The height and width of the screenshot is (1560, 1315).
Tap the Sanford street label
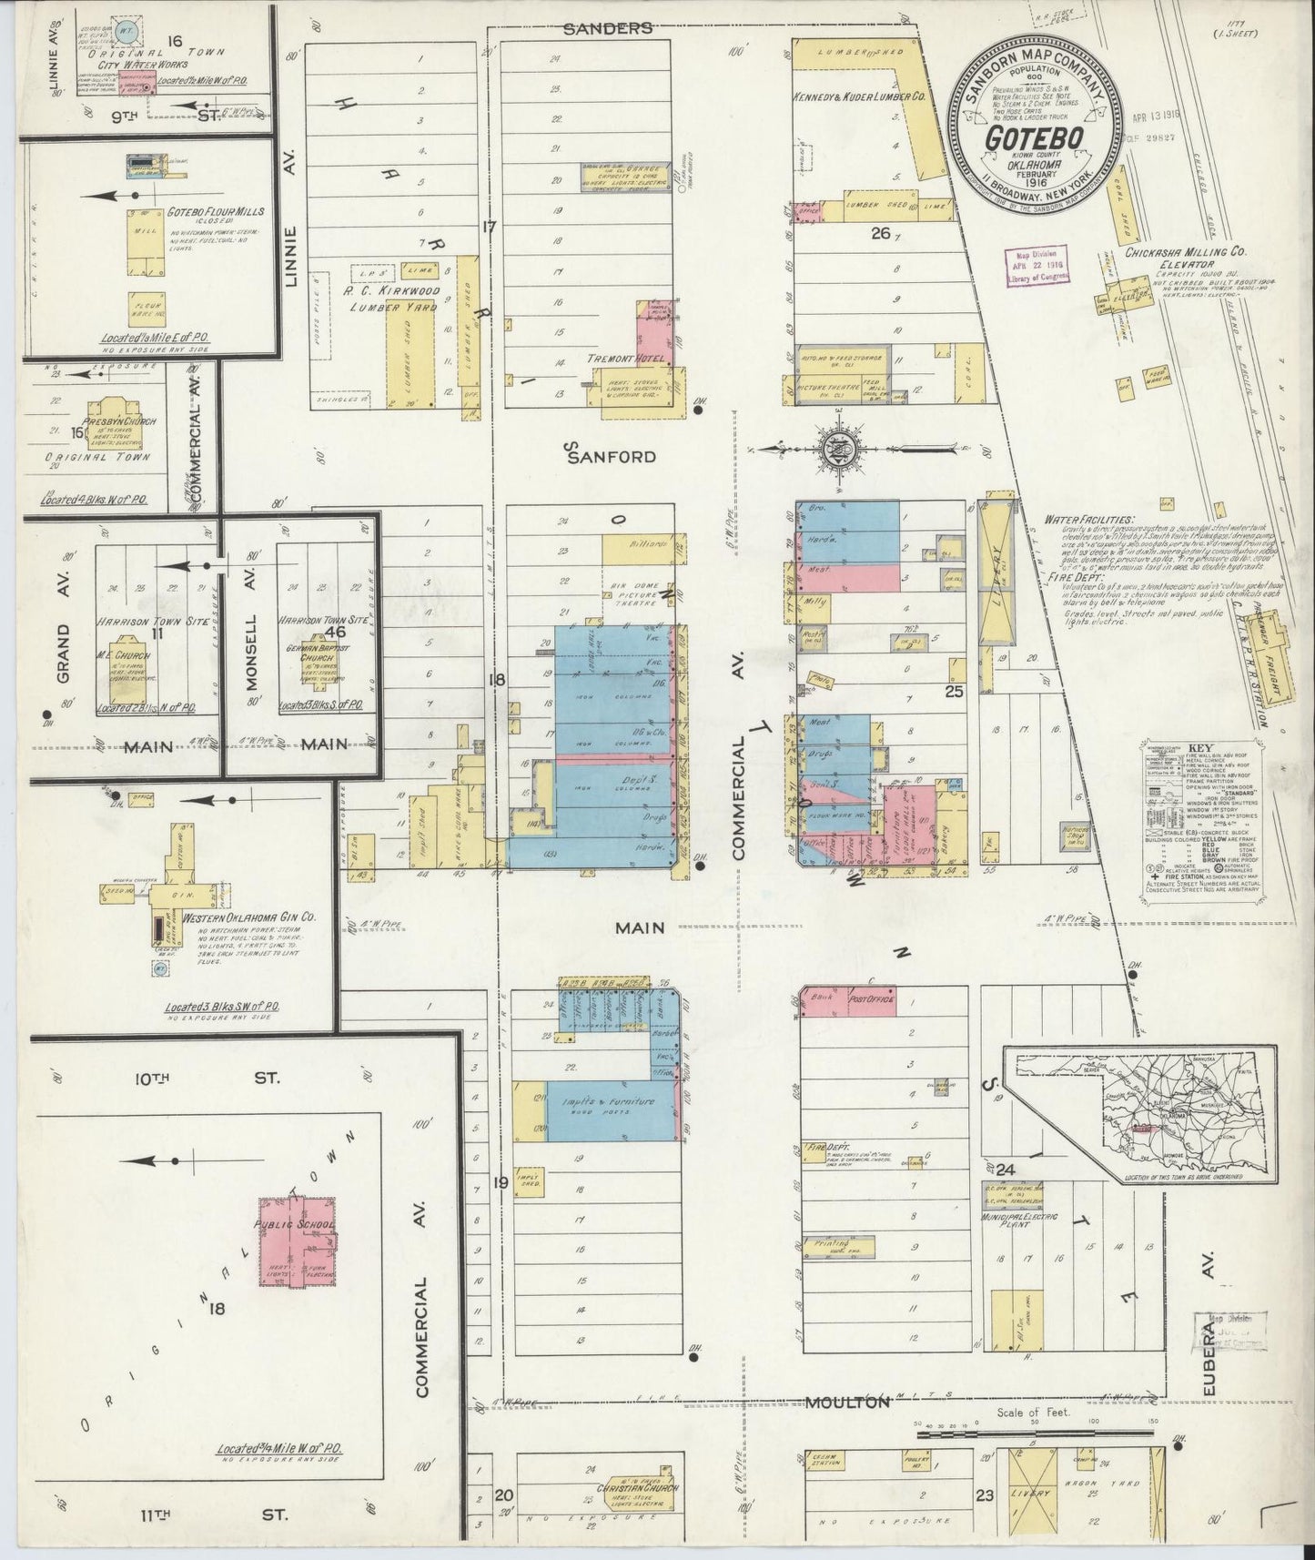(x=611, y=456)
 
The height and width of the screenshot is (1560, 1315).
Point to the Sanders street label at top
(x=608, y=28)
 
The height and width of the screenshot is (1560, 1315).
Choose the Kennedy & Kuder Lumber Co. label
(x=859, y=96)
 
